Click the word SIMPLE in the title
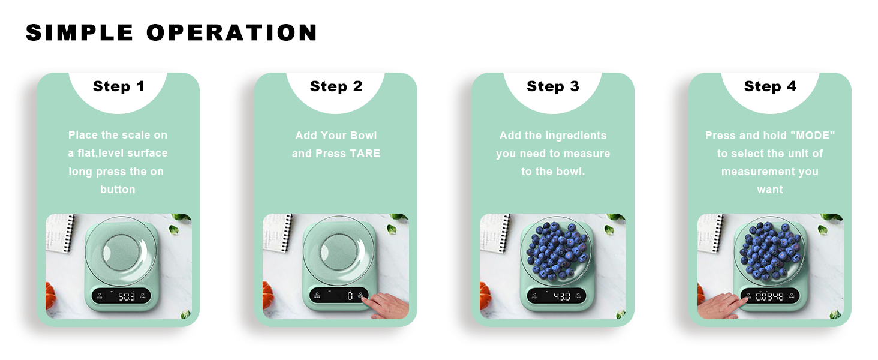click(x=80, y=32)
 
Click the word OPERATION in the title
click(x=231, y=32)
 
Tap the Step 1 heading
click(x=118, y=86)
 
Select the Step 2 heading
click(x=336, y=86)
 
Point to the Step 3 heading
click(x=553, y=86)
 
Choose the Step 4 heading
click(x=770, y=86)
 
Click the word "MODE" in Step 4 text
click(x=813, y=135)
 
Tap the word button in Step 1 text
click(x=118, y=190)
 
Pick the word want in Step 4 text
click(x=770, y=190)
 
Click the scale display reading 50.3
click(x=126, y=296)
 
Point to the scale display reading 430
click(x=562, y=296)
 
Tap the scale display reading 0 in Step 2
click(x=350, y=296)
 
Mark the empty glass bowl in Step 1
click(x=121, y=251)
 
